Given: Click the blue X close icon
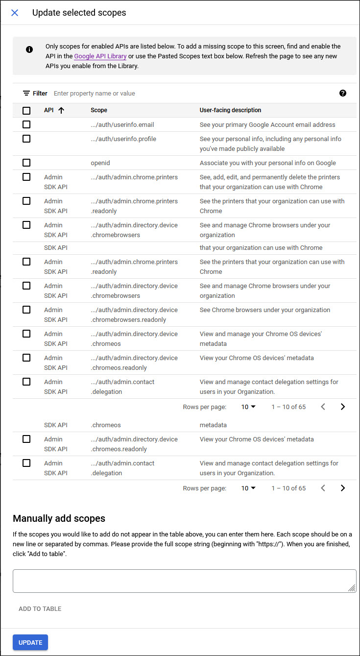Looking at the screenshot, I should [x=15, y=13].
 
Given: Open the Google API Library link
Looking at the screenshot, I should [x=100, y=56].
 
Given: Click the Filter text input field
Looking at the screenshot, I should [x=191, y=93].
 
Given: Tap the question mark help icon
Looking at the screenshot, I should [x=343, y=93].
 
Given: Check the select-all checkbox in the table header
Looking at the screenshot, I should [x=26, y=111].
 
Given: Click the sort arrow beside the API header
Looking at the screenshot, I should [x=61, y=110].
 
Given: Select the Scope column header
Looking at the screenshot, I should [x=99, y=110].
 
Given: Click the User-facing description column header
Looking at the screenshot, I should [x=230, y=110].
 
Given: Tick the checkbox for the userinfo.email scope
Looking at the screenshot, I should [x=26, y=124].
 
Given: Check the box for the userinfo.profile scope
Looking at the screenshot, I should [x=26, y=139].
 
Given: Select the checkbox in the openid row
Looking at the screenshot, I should [x=26, y=163].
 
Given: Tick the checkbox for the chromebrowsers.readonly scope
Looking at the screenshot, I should [x=26, y=310].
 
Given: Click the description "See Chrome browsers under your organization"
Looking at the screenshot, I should [x=264, y=310].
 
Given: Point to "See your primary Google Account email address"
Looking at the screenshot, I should [x=267, y=124].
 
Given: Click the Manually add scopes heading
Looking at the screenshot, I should [x=59, y=518].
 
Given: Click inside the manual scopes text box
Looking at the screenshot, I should [x=184, y=581].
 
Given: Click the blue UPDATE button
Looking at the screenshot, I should [x=30, y=642].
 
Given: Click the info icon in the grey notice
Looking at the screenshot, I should [x=29, y=49].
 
